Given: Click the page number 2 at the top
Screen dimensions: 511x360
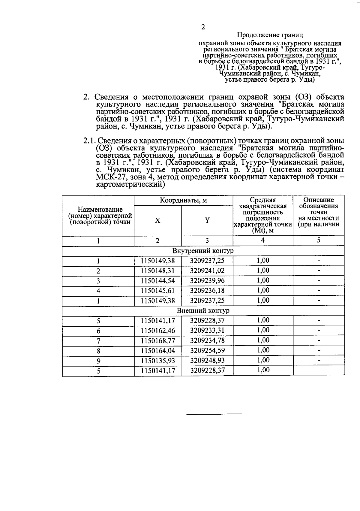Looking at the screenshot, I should (203, 27).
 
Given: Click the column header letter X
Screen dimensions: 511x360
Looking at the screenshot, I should (157, 220).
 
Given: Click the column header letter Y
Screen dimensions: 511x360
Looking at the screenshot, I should (207, 220).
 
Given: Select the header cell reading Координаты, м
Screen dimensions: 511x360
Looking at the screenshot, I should (183, 200).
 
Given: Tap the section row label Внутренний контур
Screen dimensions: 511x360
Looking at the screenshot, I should (203, 251).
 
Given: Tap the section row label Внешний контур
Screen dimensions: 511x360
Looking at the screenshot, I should (203, 311).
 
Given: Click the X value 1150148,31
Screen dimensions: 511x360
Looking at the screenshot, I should (158, 271).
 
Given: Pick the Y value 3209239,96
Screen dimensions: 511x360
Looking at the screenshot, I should (207, 281).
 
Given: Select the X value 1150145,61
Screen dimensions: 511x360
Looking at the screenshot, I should (158, 291).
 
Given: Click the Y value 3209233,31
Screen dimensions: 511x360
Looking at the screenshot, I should (207, 331).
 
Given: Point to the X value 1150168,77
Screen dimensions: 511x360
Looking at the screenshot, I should (158, 341).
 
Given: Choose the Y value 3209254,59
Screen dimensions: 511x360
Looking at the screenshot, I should (207, 351).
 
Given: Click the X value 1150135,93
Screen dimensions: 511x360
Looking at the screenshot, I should (158, 361).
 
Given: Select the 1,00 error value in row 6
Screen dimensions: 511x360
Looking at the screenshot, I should (263, 330).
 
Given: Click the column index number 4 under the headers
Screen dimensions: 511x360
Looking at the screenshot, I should (263, 240).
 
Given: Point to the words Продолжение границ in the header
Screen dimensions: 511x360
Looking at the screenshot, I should (270, 35).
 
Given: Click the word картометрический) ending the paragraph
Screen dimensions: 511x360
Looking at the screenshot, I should (130, 185).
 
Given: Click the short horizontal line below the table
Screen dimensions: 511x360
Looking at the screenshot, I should (214, 414).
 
